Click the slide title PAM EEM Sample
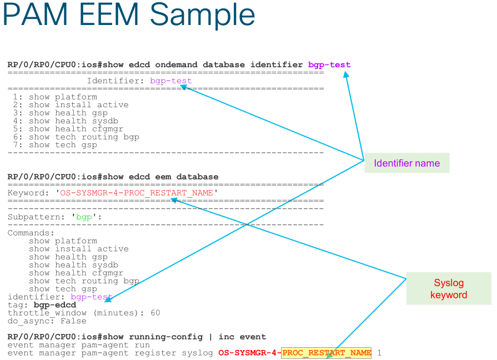pos(129,16)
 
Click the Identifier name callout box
pos(406,163)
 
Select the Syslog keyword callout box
pos(448,288)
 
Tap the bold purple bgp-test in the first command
pos(329,65)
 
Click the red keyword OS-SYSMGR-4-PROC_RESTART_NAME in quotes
pos(137,193)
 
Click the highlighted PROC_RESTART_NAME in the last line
pos(326,353)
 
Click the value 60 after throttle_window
pos(155,313)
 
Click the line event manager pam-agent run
pos(78,345)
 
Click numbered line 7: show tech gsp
pos(56,145)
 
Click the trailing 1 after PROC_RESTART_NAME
pos(379,353)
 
